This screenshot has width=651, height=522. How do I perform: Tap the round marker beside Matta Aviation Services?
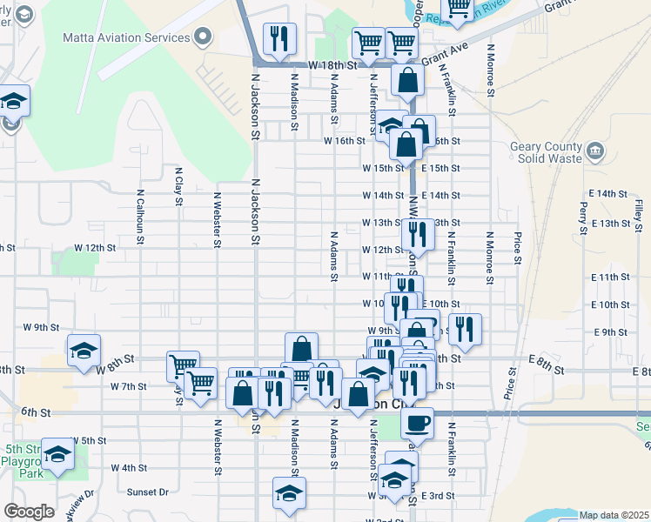pyautogui.click(x=204, y=37)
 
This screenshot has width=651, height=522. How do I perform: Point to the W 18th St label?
pyautogui.click(x=333, y=66)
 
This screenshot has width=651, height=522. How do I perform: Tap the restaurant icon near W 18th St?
pyautogui.click(x=279, y=38)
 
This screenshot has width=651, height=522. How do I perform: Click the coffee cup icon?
pyautogui.click(x=417, y=422)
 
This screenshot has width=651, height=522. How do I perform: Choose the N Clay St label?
pyautogui.click(x=178, y=186)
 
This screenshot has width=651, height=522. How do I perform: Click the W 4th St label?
pyautogui.click(x=129, y=467)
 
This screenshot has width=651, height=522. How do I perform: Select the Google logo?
pyautogui.click(x=29, y=512)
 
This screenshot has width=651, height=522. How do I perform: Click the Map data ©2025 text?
pyautogui.click(x=614, y=515)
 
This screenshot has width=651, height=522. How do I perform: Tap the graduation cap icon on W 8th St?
pyautogui.click(x=84, y=351)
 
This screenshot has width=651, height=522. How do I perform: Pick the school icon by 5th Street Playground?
pyautogui.click(x=58, y=455)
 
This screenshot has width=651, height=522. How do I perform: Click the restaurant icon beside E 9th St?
pyautogui.click(x=466, y=329)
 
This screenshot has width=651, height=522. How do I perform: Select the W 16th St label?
pyautogui.click(x=344, y=141)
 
